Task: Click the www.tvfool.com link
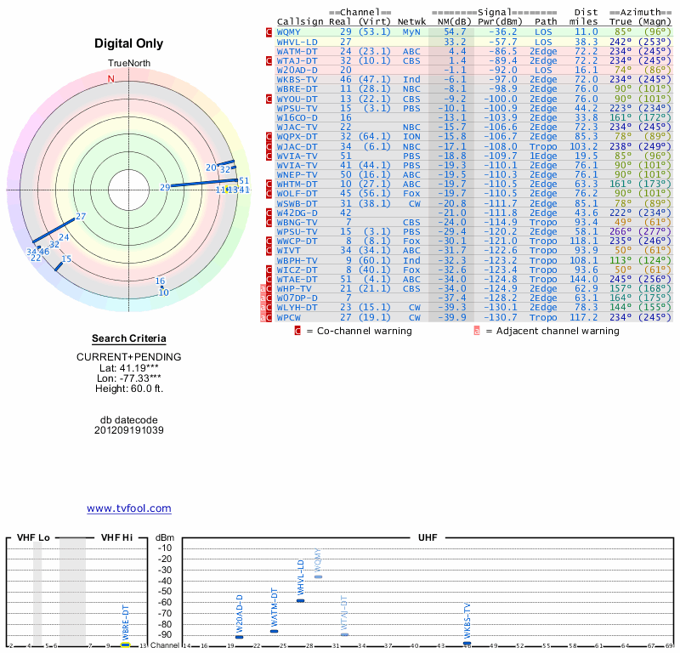click(x=129, y=508)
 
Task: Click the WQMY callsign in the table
click(x=289, y=31)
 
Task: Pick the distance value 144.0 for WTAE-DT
click(x=584, y=278)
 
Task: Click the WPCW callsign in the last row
click(x=289, y=317)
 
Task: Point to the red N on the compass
click(x=110, y=79)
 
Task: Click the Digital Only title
click(x=129, y=43)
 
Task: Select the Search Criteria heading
click(x=129, y=338)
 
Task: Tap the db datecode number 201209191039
click(x=129, y=430)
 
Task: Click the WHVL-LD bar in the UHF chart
click(x=300, y=600)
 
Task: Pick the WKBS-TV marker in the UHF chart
click(x=467, y=643)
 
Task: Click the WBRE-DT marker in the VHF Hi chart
click(x=125, y=644)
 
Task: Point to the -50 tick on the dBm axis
click(x=165, y=591)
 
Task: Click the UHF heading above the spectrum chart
click(x=428, y=538)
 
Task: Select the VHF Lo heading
click(x=34, y=538)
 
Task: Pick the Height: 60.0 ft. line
click(x=129, y=389)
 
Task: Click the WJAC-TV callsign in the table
click(x=297, y=127)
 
